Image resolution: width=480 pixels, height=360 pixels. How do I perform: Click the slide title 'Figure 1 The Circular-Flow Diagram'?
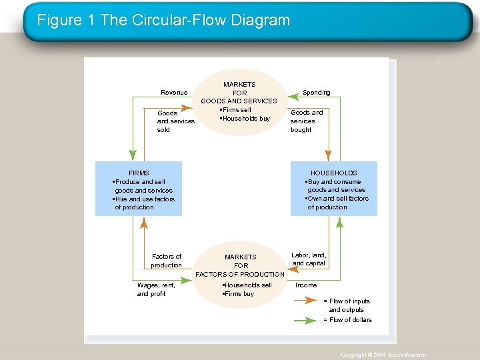click(x=163, y=20)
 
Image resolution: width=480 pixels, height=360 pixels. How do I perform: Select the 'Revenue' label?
click(x=174, y=93)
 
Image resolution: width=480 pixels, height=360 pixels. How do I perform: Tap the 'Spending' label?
click(x=316, y=93)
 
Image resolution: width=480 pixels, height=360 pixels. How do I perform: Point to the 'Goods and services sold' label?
click(x=175, y=121)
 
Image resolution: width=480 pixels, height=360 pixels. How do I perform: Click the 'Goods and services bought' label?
click(x=307, y=121)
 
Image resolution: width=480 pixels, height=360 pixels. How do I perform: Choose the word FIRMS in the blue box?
click(x=139, y=173)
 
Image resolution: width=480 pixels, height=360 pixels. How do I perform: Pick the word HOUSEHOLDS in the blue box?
click(x=333, y=173)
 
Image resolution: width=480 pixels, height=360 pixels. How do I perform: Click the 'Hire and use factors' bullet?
click(x=144, y=199)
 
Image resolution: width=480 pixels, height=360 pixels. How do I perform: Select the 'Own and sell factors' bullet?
click(x=337, y=199)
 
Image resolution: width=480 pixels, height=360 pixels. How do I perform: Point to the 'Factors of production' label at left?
click(x=167, y=261)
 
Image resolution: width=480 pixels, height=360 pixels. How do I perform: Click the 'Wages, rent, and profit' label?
click(x=156, y=289)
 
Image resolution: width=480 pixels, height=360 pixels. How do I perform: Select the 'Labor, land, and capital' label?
click(x=309, y=259)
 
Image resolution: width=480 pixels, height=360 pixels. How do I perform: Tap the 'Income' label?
click(x=306, y=285)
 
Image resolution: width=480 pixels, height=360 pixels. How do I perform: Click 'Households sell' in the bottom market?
click(x=247, y=285)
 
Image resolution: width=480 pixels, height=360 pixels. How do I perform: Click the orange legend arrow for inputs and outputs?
click(x=305, y=301)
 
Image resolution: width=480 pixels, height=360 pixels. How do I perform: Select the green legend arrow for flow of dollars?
click(x=305, y=320)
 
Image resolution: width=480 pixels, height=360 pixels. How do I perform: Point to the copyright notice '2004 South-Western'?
click(x=383, y=355)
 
